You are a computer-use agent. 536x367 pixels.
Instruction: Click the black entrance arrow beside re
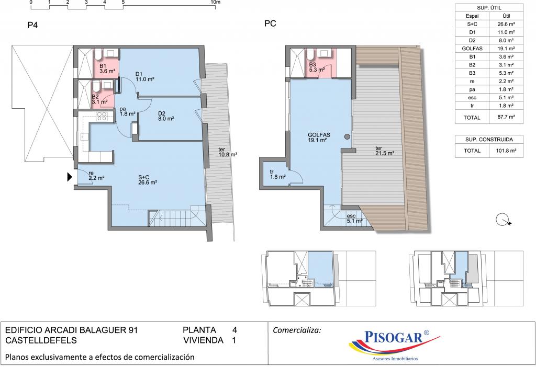(x=70, y=177)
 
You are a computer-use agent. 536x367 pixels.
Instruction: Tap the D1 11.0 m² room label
(x=144, y=76)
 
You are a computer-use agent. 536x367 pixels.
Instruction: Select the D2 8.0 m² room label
(x=166, y=116)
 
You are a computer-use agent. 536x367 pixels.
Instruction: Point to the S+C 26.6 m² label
(x=148, y=180)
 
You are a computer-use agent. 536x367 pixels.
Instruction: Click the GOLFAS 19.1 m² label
(x=319, y=137)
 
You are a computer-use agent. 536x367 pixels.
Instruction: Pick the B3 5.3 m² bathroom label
(x=317, y=67)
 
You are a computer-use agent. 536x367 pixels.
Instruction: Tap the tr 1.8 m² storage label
(x=277, y=175)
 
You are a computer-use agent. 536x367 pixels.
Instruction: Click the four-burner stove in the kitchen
(x=102, y=117)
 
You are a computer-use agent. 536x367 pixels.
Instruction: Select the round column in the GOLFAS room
(x=347, y=137)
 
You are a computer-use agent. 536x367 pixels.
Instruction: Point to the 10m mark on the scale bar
(x=216, y=2)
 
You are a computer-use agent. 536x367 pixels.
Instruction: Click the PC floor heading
(x=270, y=24)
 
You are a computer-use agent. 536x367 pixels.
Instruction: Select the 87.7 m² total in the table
(x=506, y=117)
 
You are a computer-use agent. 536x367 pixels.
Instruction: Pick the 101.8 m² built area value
(x=506, y=151)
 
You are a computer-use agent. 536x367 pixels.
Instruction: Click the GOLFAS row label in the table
(x=472, y=49)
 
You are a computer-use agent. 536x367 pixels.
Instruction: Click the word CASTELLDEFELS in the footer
(x=41, y=340)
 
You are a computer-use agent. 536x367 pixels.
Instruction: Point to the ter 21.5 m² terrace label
(x=385, y=151)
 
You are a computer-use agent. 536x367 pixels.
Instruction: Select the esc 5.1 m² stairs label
(x=354, y=219)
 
